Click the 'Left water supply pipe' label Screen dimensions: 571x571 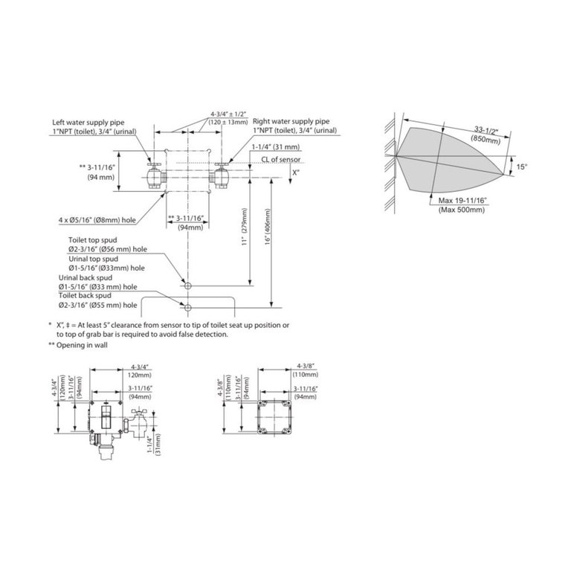(x=88, y=123)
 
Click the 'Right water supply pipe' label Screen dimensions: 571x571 (x=291, y=121)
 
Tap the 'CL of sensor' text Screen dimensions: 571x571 (x=281, y=160)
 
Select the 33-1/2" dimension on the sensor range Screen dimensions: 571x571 (x=486, y=130)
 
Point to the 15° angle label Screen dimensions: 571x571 (x=521, y=167)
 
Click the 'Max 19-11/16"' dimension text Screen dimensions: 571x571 (x=462, y=200)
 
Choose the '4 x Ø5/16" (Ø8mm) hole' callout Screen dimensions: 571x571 (x=97, y=220)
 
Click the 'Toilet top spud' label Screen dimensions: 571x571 (x=93, y=240)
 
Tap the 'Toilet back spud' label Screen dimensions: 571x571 (x=85, y=295)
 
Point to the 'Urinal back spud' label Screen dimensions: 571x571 (x=86, y=278)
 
